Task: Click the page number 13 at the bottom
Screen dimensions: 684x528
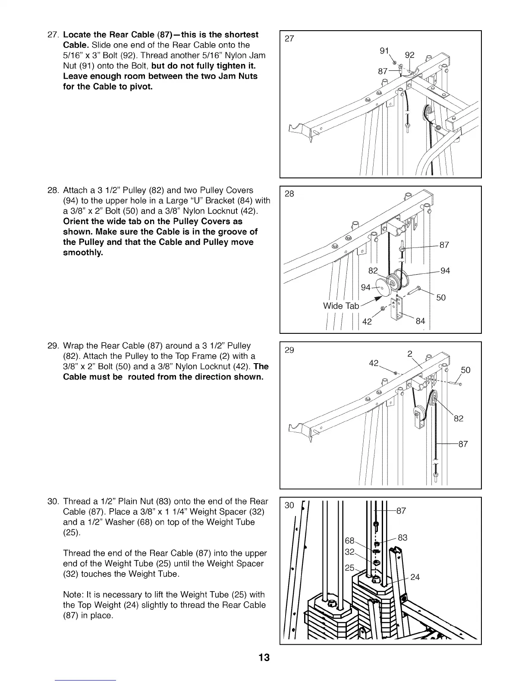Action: (x=264, y=658)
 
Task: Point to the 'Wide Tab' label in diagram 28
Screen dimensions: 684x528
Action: (x=341, y=306)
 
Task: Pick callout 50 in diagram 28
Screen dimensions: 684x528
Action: (x=440, y=298)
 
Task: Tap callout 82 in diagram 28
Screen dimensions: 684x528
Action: (x=373, y=271)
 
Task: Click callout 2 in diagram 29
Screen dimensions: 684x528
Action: (x=410, y=355)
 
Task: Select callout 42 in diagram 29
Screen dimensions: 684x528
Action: (x=374, y=363)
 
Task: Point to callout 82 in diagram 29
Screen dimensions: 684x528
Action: (x=458, y=418)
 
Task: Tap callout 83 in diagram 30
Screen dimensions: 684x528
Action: (x=402, y=538)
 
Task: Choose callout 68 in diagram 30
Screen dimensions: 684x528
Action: (x=349, y=541)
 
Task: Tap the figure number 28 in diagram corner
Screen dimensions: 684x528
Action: (x=289, y=193)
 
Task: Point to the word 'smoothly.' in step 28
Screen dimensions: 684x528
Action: (x=83, y=253)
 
